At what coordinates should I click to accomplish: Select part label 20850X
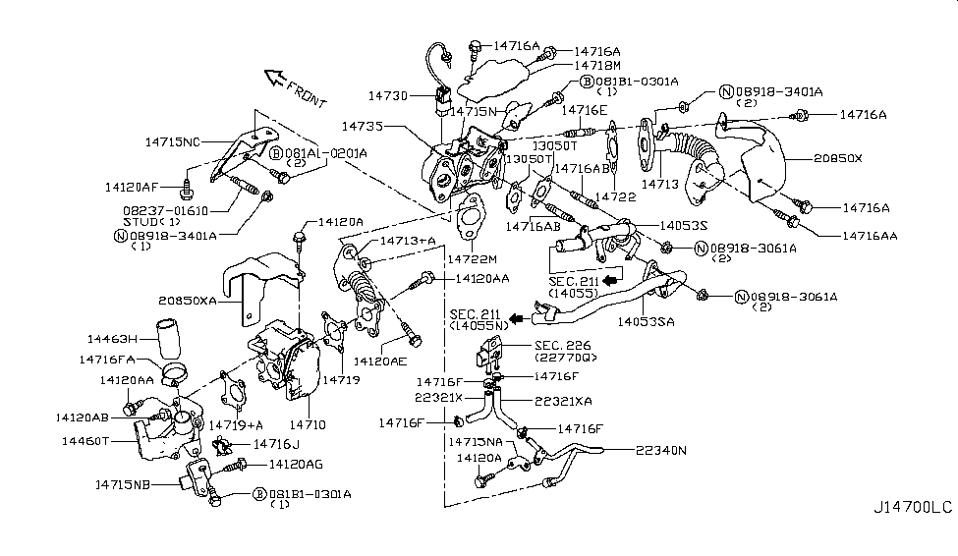point(837,158)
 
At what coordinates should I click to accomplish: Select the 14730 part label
point(388,95)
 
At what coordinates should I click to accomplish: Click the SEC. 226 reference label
point(560,345)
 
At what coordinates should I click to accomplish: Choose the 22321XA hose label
point(562,401)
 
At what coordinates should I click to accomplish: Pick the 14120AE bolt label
point(380,361)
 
